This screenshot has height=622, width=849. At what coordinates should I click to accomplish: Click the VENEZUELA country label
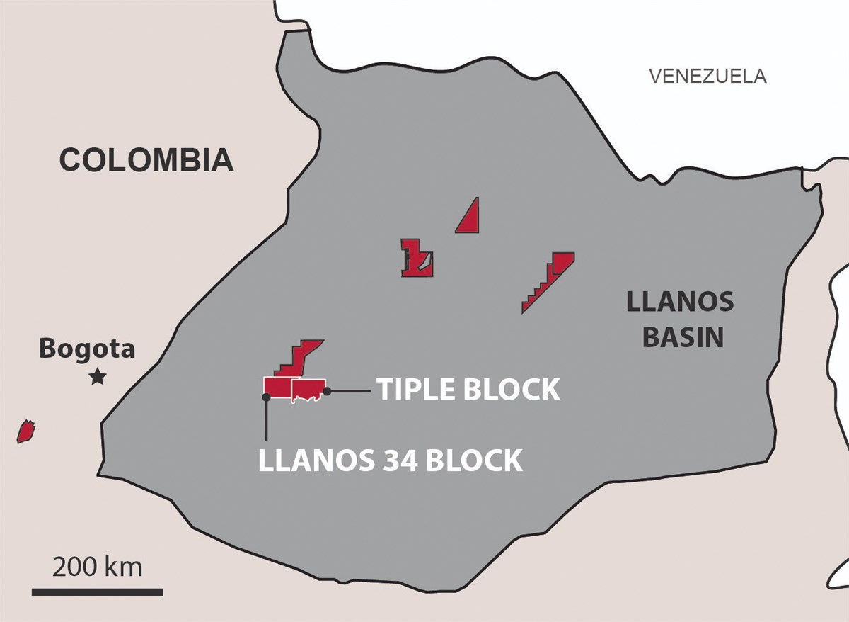(707, 76)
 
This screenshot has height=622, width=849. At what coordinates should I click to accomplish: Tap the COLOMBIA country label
(146, 160)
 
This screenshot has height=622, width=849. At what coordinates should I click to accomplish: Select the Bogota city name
(87, 349)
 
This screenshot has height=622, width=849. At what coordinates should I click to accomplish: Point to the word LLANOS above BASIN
(680, 302)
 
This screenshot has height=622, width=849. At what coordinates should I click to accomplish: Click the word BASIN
(683, 337)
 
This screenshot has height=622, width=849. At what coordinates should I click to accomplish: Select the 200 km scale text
(98, 567)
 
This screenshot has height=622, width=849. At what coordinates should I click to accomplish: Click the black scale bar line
(98, 592)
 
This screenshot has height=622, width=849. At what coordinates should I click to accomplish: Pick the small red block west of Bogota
(26, 431)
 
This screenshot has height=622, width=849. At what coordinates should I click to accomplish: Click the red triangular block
(469, 217)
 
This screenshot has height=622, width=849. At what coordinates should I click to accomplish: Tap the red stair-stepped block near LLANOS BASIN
(550, 281)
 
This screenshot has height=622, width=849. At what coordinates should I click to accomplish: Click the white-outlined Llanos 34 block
(277, 387)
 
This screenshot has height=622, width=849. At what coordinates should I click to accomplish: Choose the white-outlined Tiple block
(308, 389)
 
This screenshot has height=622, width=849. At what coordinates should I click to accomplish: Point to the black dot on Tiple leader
(327, 390)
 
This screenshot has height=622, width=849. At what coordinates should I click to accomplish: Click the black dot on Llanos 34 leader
(266, 398)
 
